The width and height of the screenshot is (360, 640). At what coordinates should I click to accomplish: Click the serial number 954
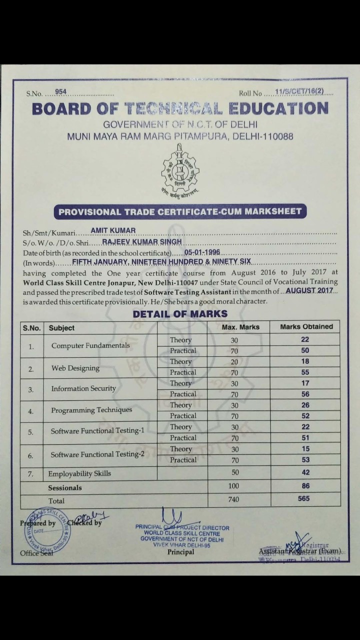60,92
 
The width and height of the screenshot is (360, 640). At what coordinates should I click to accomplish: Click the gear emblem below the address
180,170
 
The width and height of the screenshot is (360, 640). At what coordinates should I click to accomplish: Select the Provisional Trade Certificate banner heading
180,211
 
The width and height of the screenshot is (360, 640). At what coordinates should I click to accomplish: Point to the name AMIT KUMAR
113,231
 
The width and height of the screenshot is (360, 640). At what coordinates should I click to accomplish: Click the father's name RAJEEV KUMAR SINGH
142,242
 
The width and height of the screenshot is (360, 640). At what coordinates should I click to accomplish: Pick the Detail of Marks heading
180,314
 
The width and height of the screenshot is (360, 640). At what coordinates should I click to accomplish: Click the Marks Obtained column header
306,326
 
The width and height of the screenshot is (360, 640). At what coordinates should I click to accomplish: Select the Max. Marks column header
240,327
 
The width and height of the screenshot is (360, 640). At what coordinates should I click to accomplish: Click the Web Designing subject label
75,368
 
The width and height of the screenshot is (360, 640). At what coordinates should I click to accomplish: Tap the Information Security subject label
83,388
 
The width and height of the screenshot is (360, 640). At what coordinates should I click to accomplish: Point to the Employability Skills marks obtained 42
305,472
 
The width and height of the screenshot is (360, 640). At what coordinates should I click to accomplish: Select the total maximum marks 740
233,499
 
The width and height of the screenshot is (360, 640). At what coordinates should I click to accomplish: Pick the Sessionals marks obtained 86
305,485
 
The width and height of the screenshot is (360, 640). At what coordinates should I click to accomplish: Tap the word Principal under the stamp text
180,552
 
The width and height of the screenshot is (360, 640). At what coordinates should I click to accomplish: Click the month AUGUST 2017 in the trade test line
309,290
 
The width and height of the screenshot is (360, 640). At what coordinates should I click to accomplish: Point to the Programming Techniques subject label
91,410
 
